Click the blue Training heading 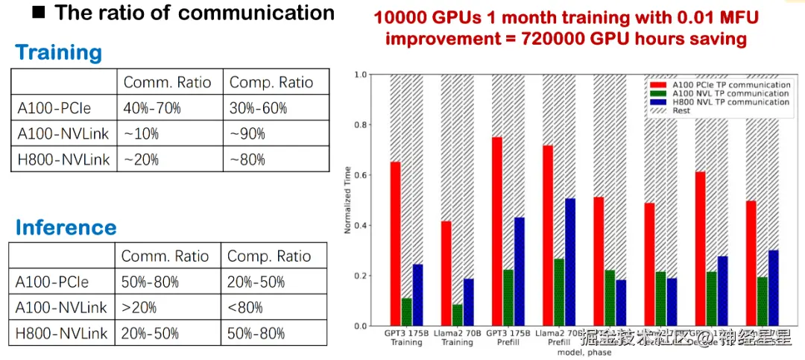58,53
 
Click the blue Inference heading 66,227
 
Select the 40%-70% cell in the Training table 152,108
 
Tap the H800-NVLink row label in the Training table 63,159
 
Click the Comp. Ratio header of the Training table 271,82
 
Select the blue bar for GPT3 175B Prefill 519,271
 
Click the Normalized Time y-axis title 347,200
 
